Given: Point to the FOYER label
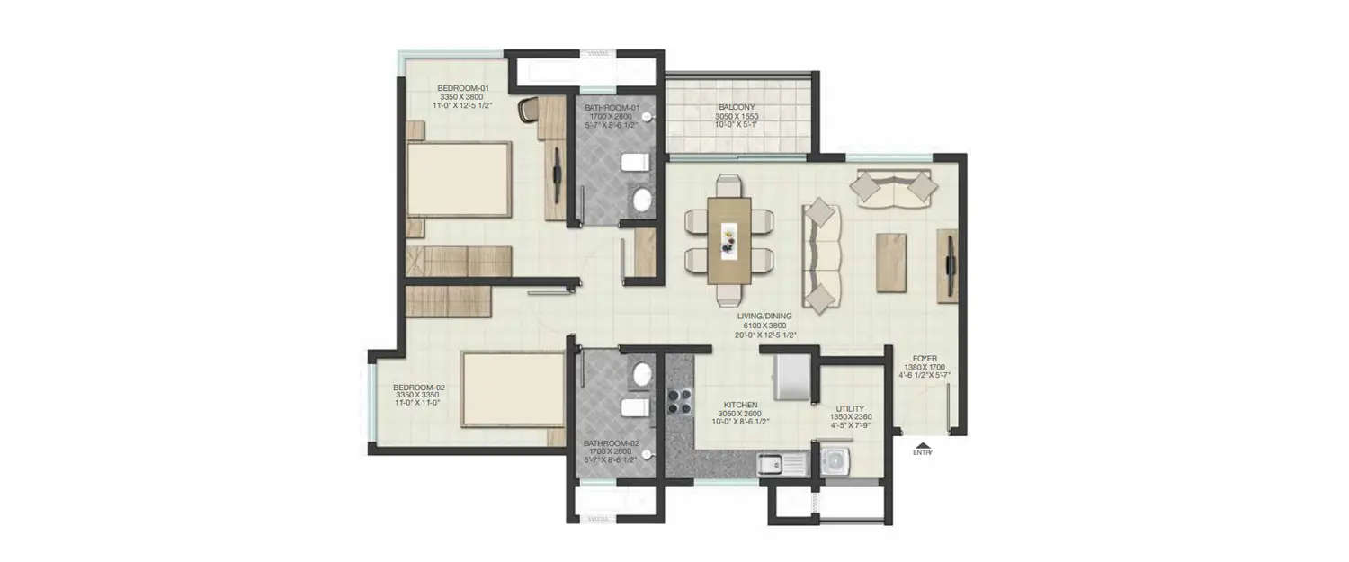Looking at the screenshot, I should [925, 359].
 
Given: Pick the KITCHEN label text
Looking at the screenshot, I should [741, 406].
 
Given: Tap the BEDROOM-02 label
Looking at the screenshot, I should [418, 388].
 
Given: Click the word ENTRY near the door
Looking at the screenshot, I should [922, 453].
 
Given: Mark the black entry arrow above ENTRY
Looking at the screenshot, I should [922, 443].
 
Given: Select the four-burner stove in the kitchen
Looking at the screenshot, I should [678, 401].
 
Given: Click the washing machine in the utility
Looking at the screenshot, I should [834, 463].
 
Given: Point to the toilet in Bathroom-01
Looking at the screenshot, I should [634, 163].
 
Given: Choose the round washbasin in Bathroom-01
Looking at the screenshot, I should [642, 199].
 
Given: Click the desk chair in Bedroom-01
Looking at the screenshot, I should [529, 109].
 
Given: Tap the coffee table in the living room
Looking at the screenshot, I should [891, 262].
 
